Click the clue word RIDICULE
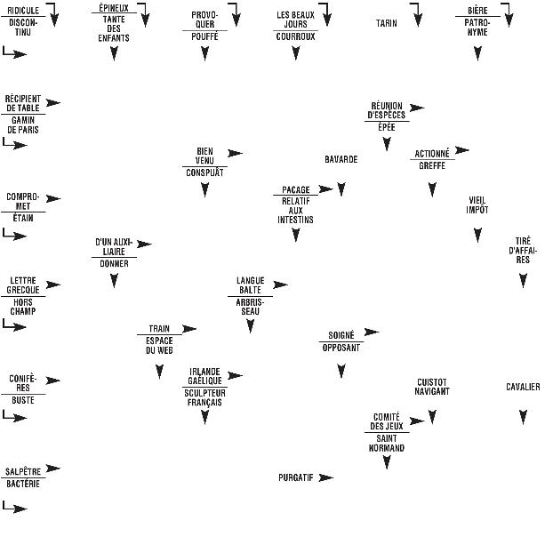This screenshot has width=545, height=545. (23, 11)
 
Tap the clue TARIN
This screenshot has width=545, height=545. (386, 23)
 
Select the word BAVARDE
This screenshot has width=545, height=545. (341, 159)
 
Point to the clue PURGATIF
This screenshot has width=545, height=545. (295, 477)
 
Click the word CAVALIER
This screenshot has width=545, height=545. (523, 387)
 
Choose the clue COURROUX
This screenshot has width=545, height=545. (295, 36)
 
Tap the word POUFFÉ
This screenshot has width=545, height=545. (204, 36)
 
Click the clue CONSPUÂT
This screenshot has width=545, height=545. (204, 172)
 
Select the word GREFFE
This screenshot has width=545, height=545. (432, 165)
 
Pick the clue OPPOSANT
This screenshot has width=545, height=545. (341, 348)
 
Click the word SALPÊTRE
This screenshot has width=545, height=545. (23, 472)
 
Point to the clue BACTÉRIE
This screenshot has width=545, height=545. (23, 484)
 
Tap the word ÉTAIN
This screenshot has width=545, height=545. (23, 218)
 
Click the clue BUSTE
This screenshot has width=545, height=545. (23, 400)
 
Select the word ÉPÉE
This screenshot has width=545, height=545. (387, 127)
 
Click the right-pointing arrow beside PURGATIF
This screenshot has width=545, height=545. (326, 477)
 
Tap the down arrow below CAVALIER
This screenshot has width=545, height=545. (523, 417)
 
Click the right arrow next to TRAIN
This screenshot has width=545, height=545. (189, 328)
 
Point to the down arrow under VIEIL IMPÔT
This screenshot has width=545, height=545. (478, 235)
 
